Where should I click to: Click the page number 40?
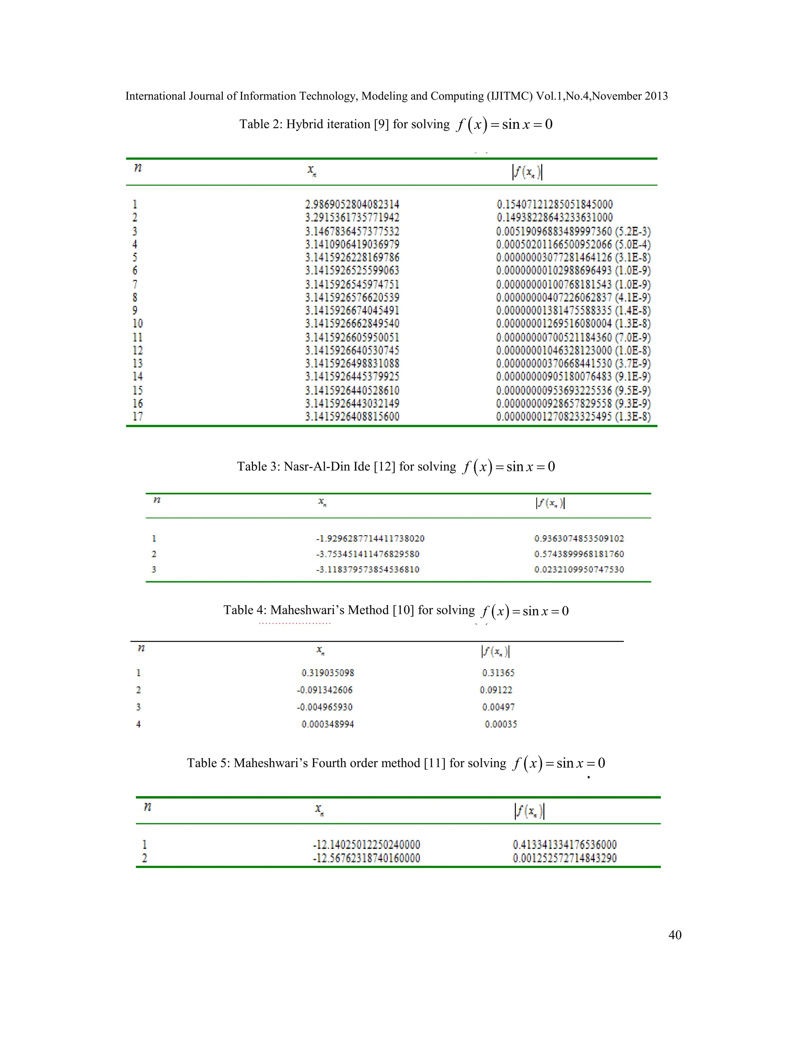pyautogui.click(x=675, y=935)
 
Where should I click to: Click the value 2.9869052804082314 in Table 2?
pyautogui.click(x=352, y=204)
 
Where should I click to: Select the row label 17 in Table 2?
pyautogui.click(x=137, y=416)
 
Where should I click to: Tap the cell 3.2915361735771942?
pyautogui.click(x=352, y=218)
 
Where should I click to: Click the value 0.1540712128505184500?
pyautogui.click(x=555, y=204)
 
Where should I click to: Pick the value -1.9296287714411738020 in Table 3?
pyautogui.click(x=370, y=539)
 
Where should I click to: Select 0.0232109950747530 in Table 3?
pyautogui.click(x=579, y=569)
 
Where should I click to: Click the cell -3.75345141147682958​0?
pyautogui.click(x=368, y=554)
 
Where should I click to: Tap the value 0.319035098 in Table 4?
pyautogui.click(x=327, y=673)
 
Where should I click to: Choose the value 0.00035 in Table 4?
pyautogui.click(x=501, y=724)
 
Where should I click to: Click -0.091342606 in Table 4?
pyautogui.click(x=325, y=690)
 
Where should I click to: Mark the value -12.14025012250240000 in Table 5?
pyautogui.click(x=366, y=844)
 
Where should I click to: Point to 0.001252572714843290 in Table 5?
pyautogui.click(x=565, y=858)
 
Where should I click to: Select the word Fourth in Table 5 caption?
pyautogui.click(x=329, y=763)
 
